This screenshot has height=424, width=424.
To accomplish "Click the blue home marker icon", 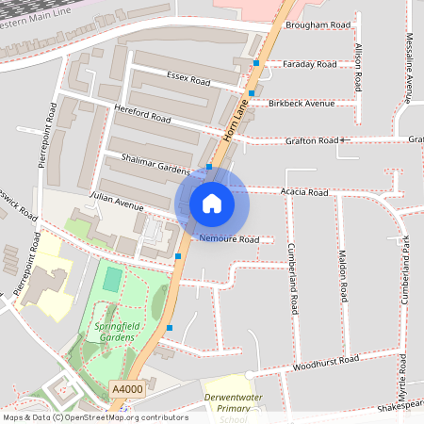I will click(x=212, y=203).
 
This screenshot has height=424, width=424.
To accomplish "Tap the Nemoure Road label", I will click(x=229, y=239).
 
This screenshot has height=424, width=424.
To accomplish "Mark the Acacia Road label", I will click(x=304, y=192).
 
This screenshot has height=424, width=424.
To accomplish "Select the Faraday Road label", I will click(x=311, y=65).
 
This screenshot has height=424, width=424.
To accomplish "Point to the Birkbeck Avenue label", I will click(x=302, y=103).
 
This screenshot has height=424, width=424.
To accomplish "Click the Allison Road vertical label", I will click(x=358, y=65).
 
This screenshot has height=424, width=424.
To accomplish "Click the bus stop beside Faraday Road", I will click(x=256, y=63).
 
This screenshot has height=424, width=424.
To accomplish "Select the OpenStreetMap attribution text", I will click(x=94, y=416).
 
